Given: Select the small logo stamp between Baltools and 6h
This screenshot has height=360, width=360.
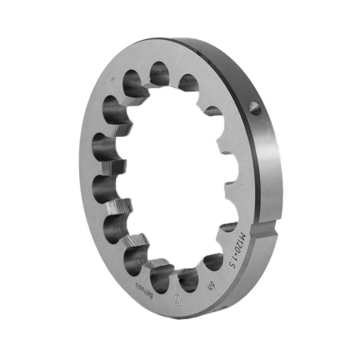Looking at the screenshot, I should pyautogui.click(x=176, y=301).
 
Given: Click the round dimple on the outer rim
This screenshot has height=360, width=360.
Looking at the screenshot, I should pyautogui.click(x=255, y=109).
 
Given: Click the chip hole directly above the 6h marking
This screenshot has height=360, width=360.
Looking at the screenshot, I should pyautogui.click(x=214, y=262).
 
